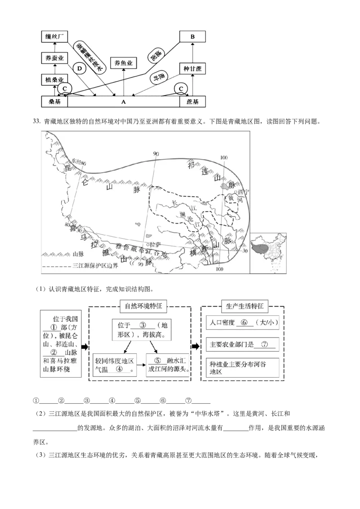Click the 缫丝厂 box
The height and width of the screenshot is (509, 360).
(x=54, y=36)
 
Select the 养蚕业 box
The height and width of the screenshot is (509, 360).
(x=54, y=58)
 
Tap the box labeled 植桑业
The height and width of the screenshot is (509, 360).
(x=54, y=80)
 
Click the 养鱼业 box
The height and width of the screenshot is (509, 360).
(x=123, y=63)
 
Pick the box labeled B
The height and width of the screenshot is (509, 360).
(x=193, y=36)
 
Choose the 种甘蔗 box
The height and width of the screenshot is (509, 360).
(x=193, y=68)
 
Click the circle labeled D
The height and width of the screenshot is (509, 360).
(x=80, y=68)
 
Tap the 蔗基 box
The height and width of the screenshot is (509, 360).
(x=193, y=102)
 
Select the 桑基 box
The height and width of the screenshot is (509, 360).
(x=54, y=102)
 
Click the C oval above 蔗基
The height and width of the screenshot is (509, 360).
(x=182, y=89)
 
